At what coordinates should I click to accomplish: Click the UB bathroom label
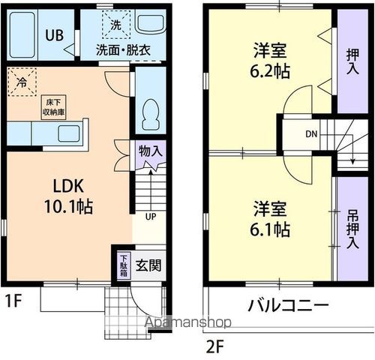pyautogui.click(x=54, y=34)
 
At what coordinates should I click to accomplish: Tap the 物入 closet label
pyautogui.click(x=150, y=151)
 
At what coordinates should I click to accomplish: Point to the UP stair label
pyautogui.click(x=150, y=217)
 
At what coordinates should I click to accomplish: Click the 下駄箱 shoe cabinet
pyautogui.click(x=124, y=265)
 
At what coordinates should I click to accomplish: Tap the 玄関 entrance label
pyautogui.click(x=148, y=265)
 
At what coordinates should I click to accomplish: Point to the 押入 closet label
pyautogui.click(x=352, y=61)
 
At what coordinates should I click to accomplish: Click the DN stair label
pyautogui.click(x=311, y=135)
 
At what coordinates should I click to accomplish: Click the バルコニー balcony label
pyautogui.click(x=288, y=306)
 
